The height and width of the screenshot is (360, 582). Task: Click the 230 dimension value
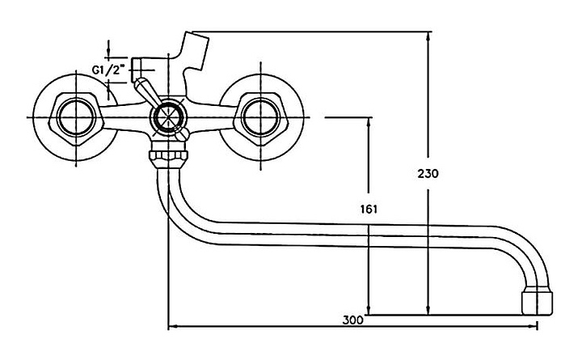[x=428, y=173]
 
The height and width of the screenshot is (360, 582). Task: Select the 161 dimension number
[x=369, y=210]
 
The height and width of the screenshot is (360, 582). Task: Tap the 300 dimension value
[x=352, y=320]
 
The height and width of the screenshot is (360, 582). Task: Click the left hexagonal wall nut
[x=76, y=117]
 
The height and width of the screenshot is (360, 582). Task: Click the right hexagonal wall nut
[x=259, y=117]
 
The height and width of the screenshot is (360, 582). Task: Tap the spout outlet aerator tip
[x=537, y=303]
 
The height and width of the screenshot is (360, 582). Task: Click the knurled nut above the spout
[x=168, y=158]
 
